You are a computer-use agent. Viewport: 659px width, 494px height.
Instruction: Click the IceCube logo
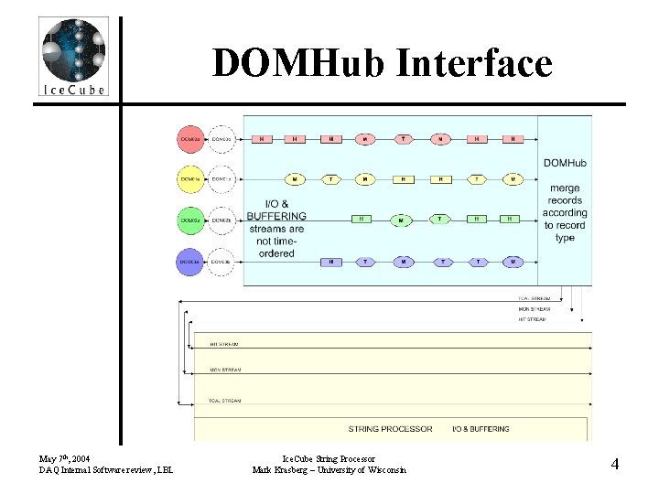click(73, 55)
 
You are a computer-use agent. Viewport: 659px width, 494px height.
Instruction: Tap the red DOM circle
click(190, 139)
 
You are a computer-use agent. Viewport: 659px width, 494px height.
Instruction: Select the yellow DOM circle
click(190, 179)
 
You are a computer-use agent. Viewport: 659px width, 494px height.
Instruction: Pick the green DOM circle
click(190, 220)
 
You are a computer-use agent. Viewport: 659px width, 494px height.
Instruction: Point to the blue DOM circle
click(190, 262)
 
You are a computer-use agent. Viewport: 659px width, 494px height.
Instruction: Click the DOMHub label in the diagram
click(565, 163)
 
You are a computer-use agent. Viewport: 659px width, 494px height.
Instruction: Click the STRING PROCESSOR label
click(390, 428)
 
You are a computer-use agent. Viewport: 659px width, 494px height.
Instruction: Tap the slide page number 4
click(615, 464)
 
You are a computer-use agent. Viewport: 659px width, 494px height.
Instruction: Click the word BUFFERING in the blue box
click(276, 217)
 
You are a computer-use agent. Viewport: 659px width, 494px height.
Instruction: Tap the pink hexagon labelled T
click(404, 139)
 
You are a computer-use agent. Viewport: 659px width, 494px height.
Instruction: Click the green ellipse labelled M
click(401, 220)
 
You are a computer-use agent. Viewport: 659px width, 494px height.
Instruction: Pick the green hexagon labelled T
click(439, 220)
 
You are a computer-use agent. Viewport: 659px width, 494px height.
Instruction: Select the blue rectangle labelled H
click(330, 262)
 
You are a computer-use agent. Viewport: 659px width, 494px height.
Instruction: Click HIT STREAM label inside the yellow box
click(224, 344)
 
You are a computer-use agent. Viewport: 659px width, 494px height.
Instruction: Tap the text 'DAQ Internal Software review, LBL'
click(106, 470)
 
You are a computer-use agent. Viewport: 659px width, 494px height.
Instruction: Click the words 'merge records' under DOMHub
click(565, 195)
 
